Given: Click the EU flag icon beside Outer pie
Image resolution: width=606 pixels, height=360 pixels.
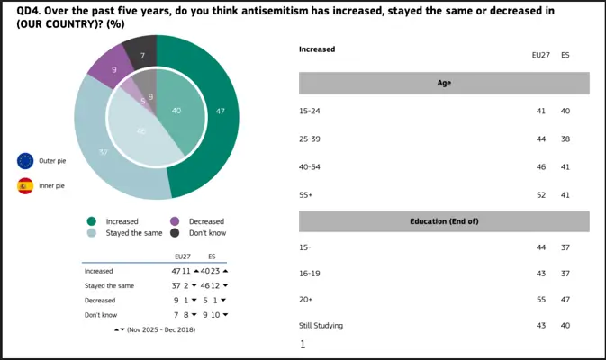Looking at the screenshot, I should point(25,161).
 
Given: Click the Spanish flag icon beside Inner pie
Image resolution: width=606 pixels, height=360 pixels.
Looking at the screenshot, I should point(25,186).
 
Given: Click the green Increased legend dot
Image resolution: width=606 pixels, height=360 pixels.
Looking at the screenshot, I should point(91,220).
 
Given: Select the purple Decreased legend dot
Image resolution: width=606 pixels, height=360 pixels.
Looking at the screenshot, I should point(174,220).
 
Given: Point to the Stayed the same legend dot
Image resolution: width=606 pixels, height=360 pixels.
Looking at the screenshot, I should point(91,232).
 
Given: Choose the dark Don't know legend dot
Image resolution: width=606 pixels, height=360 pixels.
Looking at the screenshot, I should point(174,232).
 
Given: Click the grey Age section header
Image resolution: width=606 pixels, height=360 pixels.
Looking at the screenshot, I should point(444,84).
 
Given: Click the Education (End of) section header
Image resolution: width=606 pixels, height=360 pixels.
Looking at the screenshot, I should point(444,221).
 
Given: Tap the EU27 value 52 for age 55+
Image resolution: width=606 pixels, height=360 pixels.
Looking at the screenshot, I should point(540,194).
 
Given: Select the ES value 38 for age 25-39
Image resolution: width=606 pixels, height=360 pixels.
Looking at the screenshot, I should point(565,139).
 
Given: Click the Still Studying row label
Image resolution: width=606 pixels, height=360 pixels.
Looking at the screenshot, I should point(321,325).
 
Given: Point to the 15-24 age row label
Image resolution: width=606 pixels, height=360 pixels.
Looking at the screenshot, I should point(309,112).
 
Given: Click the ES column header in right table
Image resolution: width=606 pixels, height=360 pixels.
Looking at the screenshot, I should point(565,55).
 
